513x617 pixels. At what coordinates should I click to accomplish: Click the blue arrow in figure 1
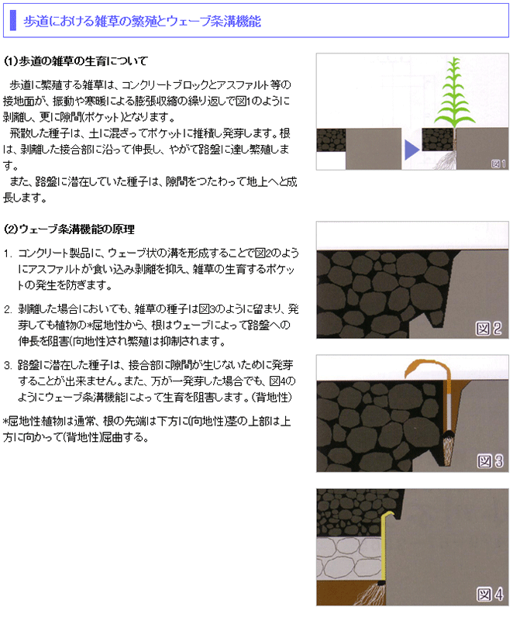tap(411, 150)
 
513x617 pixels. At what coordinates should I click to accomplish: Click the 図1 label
tap(498, 164)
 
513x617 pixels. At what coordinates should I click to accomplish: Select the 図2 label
tap(489, 328)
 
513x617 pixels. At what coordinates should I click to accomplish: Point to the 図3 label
tap(490, 460)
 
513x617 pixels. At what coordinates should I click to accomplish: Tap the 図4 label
tap(490, 594)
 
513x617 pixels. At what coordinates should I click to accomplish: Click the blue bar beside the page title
tap(13, 20)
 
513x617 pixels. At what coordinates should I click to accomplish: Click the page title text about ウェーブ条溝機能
tap(142, 21)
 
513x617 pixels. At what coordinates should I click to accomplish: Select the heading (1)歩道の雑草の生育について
tap(75, 61)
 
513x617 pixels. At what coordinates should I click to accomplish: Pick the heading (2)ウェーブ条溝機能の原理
tap(69, 229)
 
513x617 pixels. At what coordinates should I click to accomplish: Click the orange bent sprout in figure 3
tap(426, 368)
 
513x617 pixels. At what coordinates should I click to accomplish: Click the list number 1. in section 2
tap(9, 253)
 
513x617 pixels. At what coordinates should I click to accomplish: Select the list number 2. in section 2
tap(9, 309)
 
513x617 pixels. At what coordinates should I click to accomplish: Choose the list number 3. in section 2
tap(9, 365)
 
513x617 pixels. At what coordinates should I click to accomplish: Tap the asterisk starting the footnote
tap(6, 422)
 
